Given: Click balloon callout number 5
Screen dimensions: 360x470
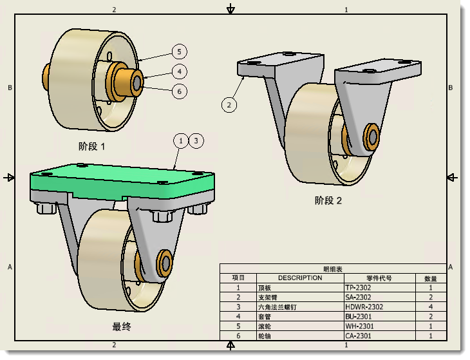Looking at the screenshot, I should click(180, 52).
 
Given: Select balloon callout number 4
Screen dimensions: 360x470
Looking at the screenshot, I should click(180, 71).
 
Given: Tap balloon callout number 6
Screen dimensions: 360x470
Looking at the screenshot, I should click(180, 91).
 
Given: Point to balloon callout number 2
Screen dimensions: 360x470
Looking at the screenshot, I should click(230, 104).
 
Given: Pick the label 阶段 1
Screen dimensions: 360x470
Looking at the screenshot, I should click(91, 146).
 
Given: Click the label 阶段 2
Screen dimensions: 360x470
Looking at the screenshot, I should click(328, 200).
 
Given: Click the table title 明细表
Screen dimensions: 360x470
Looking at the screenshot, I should click(333, 269).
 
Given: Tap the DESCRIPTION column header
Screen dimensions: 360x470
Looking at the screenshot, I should click(300, 278).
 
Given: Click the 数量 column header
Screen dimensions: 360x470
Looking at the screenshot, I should click(430, 278).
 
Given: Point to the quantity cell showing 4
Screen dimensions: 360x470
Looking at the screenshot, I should click(430, 307).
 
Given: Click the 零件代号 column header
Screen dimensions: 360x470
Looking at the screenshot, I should click(379, 278).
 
